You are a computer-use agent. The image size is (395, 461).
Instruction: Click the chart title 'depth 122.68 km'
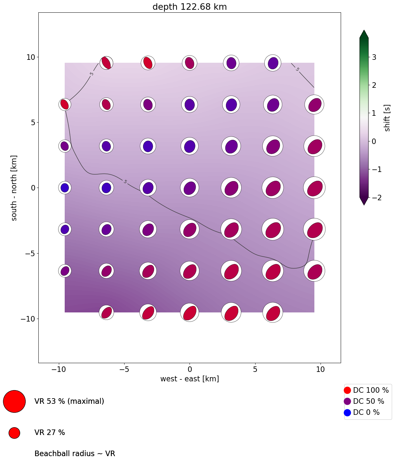point(190,7)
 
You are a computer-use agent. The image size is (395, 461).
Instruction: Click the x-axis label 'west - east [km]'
point(190,379)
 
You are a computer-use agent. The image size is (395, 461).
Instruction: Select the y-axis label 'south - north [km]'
point(14,188)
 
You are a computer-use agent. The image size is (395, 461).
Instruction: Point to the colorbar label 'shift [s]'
point(387,118)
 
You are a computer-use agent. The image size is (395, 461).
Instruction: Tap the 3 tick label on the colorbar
point(374,57)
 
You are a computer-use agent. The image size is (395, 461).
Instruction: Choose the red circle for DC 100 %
point(347,390)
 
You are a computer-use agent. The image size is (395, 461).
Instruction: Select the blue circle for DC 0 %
point(347,413)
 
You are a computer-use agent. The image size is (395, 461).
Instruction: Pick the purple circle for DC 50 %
point(347,401)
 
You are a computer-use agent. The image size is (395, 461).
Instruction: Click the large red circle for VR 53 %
point(14,401)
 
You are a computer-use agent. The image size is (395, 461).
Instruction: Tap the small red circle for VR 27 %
point(14,433)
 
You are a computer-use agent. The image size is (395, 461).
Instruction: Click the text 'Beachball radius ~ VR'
point(75,454)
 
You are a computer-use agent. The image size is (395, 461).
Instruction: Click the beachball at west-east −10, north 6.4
point(65,104)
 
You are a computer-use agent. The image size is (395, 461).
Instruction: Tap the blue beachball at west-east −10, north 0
point(65,188)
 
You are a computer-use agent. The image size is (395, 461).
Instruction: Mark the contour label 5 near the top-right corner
point(297,69)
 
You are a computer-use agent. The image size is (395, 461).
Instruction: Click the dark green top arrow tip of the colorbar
point(364,33)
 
